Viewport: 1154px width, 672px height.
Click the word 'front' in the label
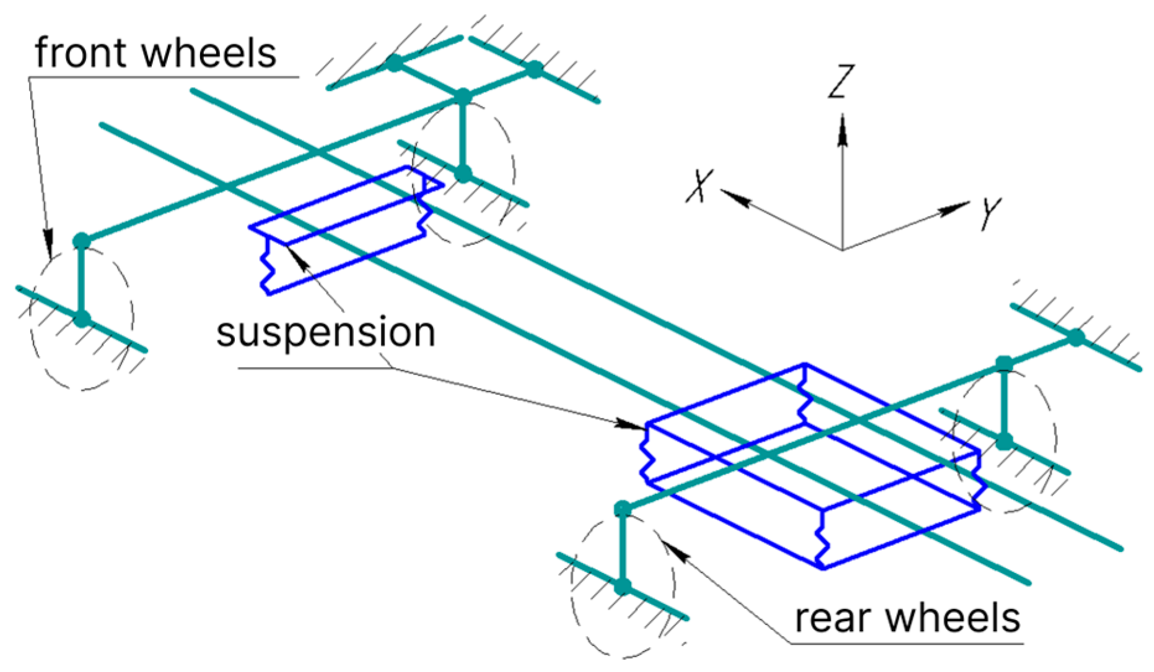tap(83, 53)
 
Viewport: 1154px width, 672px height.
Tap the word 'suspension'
tap(326, 334)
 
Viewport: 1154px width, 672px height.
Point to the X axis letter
tap(701, 186)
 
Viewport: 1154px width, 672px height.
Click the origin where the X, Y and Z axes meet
tap(842, 250)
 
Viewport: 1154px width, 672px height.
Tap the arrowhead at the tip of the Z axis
tap(842, 130)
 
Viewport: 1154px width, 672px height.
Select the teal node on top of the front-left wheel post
tap(82, 241)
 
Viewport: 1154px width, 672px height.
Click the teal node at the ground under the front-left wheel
tap(82, 319)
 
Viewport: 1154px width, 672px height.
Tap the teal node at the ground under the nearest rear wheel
tap(623, 586)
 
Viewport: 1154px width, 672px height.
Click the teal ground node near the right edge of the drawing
tap(1077, 338)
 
